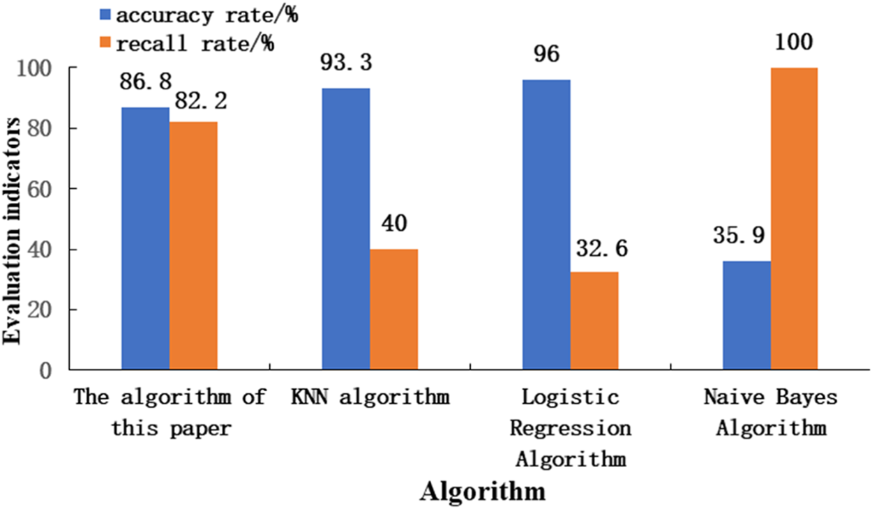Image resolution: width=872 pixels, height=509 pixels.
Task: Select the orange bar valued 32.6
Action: click(594, 320)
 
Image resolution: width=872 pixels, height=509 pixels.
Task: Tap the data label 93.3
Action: click(346, 63)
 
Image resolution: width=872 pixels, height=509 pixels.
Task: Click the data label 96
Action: click(546, 54)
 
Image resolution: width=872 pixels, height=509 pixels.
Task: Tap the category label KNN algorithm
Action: click(370, 398)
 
